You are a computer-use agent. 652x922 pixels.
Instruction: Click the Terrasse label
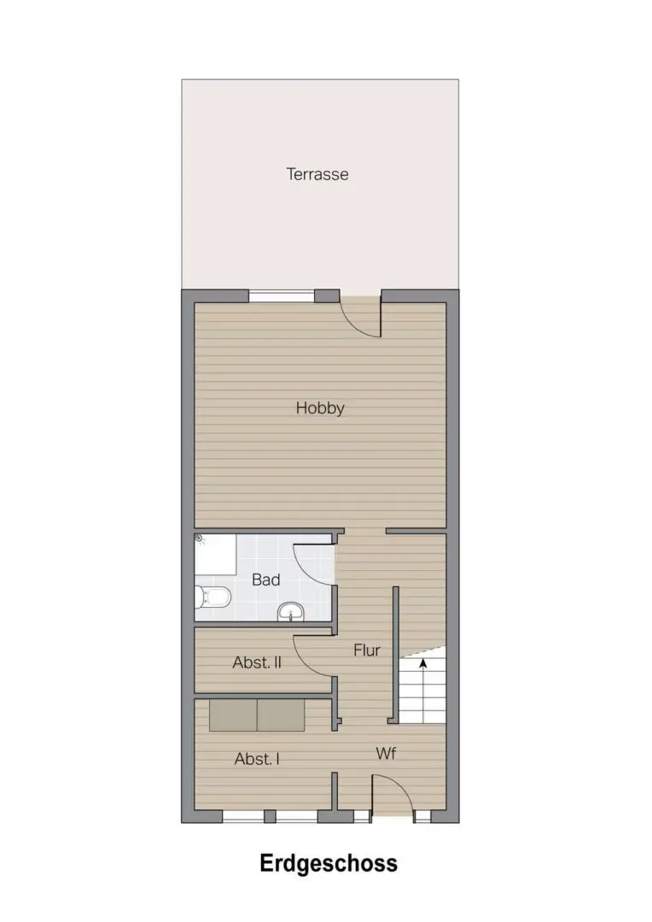click(x=317, y=174)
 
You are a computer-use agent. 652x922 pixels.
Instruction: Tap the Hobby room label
click(x=320, y=408)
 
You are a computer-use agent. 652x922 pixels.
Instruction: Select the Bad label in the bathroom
click(x=265, y=580)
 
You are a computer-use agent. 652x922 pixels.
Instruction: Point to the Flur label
click(x=367, y=650)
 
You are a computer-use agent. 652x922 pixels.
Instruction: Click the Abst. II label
click(x=257, y=662)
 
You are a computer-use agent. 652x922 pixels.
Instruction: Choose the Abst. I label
click(x=257, y=759)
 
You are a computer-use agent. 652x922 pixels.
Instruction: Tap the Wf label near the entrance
click(x=386, y=753)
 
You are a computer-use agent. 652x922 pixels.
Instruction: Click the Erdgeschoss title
click(x=329, y=864)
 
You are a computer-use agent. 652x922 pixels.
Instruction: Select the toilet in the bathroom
click(x=212, y=598)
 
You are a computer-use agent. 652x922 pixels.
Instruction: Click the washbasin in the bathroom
click(x=290, y=611)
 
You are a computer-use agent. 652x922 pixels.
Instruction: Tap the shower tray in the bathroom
click(x=215, y=555)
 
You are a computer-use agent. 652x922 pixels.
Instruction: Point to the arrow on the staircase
click(x=422, y=664)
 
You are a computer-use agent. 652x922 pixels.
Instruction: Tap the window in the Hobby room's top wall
click(x=282, y=295)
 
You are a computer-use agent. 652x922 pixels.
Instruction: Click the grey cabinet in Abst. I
click(x=257, y=715)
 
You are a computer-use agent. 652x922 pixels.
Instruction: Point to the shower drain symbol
click(x=200, y=538)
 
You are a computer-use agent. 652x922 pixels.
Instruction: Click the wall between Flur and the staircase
click(x=396, y=655)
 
